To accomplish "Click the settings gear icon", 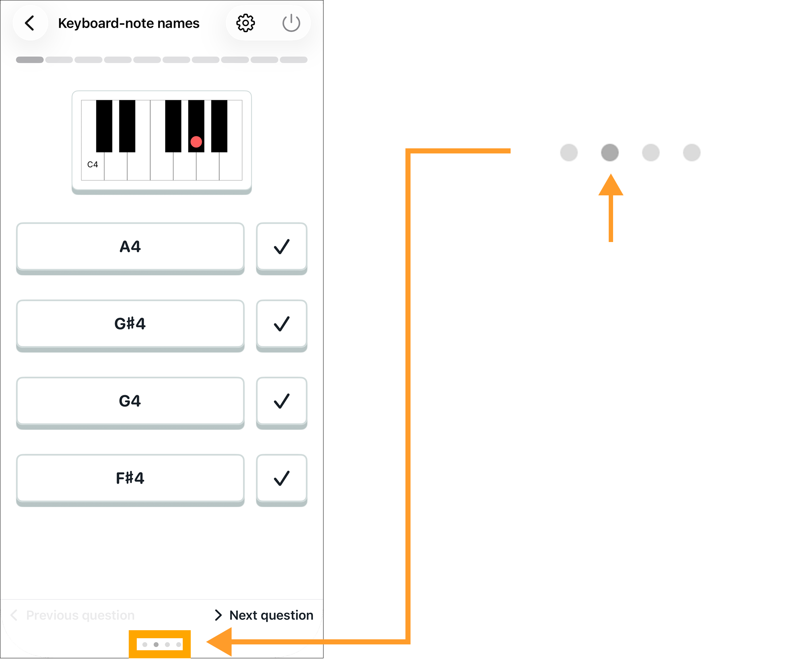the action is coord(245,23).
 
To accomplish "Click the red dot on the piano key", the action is coord(196,141).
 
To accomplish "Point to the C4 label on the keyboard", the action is coord(92,164).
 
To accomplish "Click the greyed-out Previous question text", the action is coord(80,615).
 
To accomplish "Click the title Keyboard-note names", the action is coord(128,23).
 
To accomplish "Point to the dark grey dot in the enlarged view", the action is coord(609,152).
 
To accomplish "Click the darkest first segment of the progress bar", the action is coord(30,60).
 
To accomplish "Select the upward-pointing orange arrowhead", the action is coord(611,184).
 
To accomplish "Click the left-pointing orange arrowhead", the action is coord(219,642).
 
